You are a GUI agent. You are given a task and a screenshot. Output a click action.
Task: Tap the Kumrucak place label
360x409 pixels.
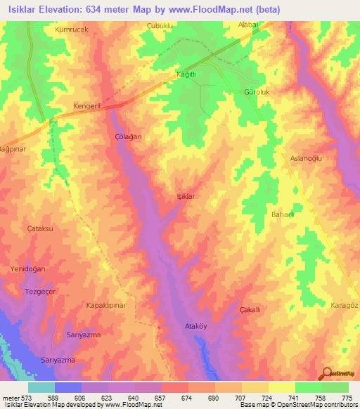71,31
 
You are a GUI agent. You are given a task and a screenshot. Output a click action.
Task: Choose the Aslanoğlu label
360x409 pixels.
306,159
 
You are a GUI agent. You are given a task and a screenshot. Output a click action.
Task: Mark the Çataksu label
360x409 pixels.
41,229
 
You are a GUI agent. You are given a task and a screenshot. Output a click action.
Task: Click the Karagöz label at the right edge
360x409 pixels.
345,306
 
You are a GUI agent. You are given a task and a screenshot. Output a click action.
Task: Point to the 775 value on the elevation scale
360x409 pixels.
346,398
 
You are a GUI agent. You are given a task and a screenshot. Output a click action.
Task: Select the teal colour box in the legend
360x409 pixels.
41,387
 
